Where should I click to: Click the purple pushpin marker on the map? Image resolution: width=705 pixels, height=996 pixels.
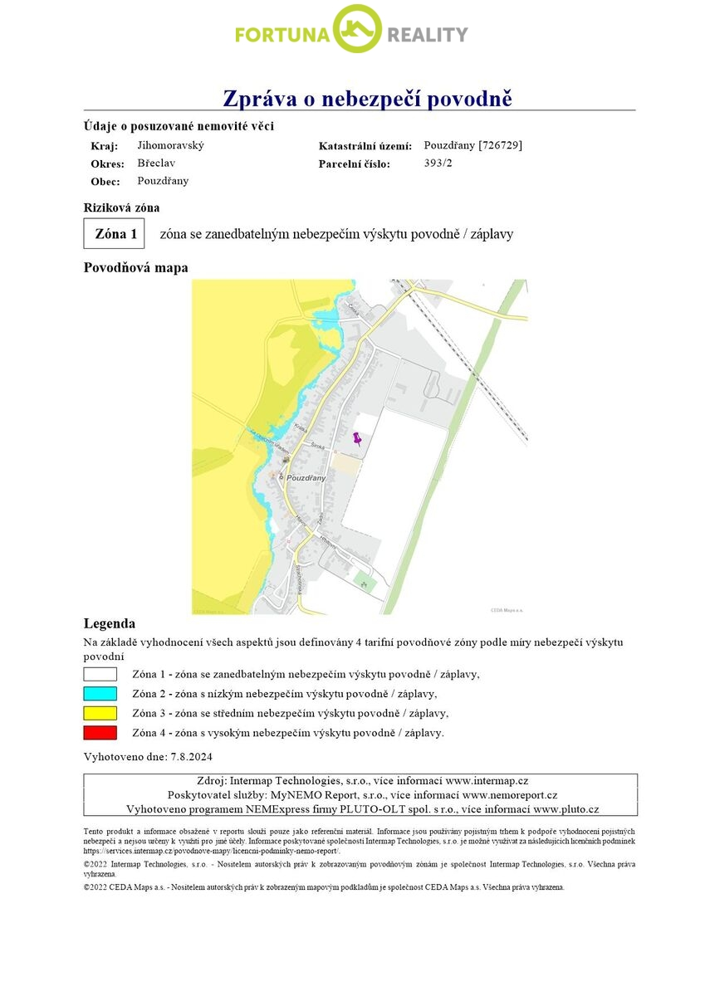pos(358,439)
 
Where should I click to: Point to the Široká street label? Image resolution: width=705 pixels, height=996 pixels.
pos(316,446)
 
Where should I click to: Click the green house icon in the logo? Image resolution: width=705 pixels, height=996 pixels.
pos(357,30)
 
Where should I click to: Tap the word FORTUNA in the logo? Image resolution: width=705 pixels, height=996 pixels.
pos(282,35)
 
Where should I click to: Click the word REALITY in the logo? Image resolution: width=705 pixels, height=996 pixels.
pos(427,35)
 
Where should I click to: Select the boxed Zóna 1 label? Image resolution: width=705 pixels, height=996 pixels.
pos(115,234)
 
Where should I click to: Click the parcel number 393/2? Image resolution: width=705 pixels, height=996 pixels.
pos(438,164)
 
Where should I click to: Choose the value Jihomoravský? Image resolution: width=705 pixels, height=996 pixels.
pos(170,145)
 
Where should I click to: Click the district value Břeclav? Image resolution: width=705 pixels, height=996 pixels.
pos(156,164)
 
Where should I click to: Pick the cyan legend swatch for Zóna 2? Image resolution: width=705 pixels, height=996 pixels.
pos(100,693)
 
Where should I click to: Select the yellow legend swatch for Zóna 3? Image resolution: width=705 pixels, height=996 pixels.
pos(100,713)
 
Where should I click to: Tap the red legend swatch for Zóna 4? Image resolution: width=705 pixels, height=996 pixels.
pos(100,733)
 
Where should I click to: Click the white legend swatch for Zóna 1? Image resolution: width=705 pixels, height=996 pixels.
pos(100,674)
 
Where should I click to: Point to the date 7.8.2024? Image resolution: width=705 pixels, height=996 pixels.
pos(192,757)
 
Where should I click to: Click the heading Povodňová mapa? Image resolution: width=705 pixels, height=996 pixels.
pos(136,268)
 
